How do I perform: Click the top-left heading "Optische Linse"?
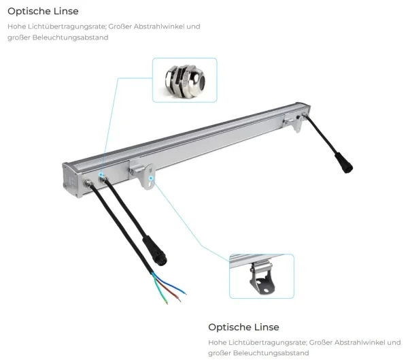(x=43, y=11)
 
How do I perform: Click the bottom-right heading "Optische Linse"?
(x=243, y=327)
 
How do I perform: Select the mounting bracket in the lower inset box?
(x=262, y=278)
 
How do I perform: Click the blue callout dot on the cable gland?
(x=101, y=174)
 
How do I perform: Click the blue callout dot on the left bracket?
(x=151, y=178)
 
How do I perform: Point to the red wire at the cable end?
(x=168, y=289)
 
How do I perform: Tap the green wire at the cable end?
(x=160, y=289)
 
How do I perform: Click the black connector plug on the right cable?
(x=344, y=163)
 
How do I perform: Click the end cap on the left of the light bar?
(x=71, y=180)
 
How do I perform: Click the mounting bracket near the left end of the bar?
(x=143, y=174)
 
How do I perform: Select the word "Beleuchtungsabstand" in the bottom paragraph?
(x=271, y=353)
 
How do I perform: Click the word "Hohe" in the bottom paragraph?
(x=217, y=342)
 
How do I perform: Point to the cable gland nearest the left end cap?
(x=88, y=183)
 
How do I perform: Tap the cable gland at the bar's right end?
(x=305, y=115)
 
